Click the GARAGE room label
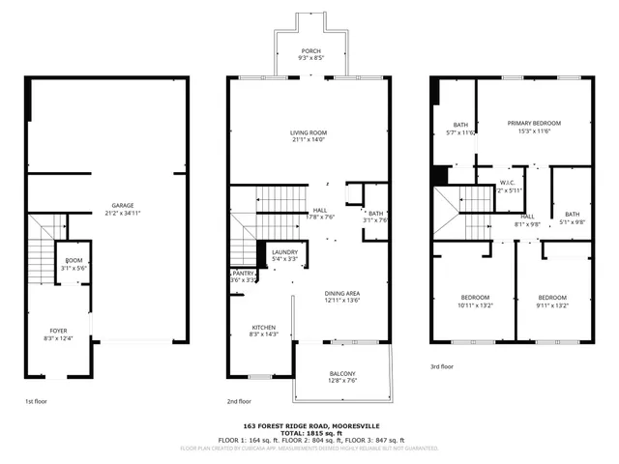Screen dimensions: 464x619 coord(122,205)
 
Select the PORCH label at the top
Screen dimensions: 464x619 coord(309,51)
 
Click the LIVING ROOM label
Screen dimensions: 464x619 coord(309,132)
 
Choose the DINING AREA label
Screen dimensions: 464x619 coord(341,292)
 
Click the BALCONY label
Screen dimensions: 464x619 coord(341,374)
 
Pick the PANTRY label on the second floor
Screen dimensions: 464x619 coord(243,274)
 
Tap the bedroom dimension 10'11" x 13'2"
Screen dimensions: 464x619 coord(474,304)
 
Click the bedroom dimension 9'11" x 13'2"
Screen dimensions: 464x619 coord(552,304)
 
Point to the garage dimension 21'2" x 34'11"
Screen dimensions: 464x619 coord(122,212)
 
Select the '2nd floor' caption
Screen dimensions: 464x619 coord(239,400)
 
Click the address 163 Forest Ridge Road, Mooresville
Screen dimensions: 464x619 coord(309,425)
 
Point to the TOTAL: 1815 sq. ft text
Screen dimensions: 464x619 coord(309,433)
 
